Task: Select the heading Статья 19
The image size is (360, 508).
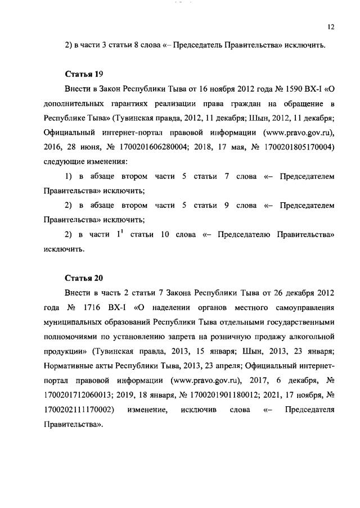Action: point(83,74)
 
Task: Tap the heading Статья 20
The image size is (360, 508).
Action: point(83,278)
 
